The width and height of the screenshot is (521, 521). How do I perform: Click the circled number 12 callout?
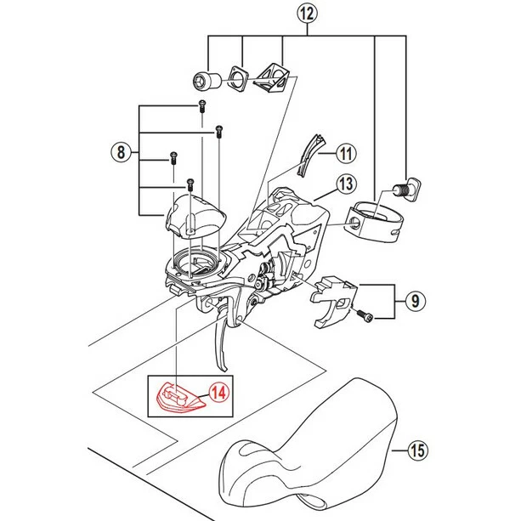tap(307, 14)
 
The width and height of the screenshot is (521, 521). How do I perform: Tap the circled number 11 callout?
tap(343, 154)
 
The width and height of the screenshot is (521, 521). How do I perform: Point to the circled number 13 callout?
tap(344, 183)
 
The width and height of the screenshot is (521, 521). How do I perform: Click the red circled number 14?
tap(220, 393)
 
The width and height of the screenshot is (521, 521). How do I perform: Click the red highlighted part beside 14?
tap(180, 398)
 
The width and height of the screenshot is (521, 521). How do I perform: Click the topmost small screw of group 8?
tap(201, 105)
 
